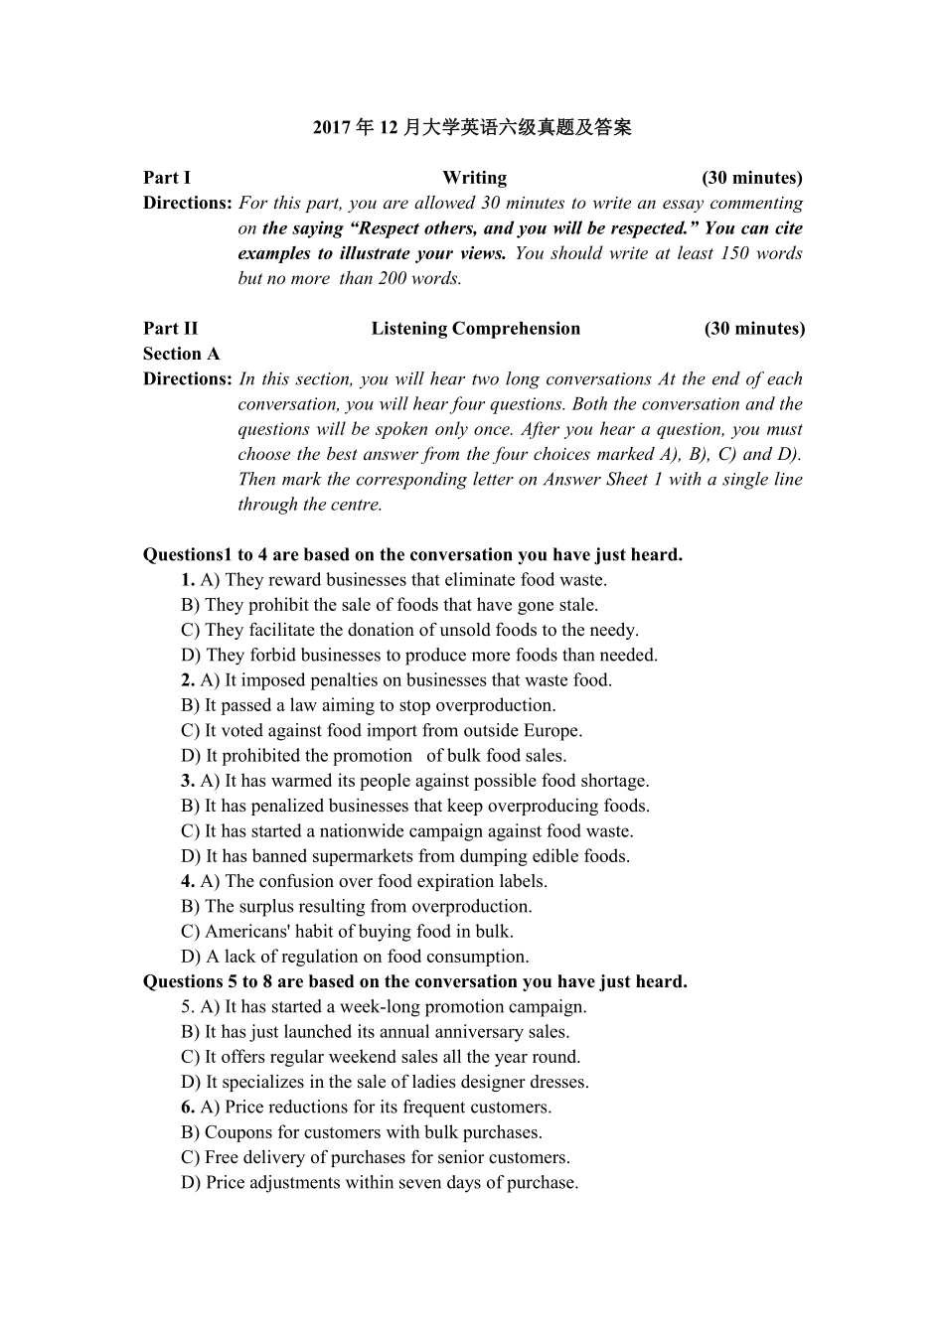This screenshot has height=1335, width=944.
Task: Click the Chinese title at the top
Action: click(x=472, y=127)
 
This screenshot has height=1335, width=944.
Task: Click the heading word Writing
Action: click(x=474, y=178)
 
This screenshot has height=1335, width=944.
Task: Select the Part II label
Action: click(x=170, y=329)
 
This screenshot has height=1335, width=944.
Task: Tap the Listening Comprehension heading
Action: click(x=475, y=329)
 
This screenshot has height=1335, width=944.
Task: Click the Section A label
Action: click(x=181, y=354)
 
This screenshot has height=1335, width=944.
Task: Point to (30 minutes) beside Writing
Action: click(x=751, y=178)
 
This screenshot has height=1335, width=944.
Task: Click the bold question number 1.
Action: click(x=188, y=580)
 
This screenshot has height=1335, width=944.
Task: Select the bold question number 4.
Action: click(x=188, y=881)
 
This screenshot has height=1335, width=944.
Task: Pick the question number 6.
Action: click(x=188, y=1108)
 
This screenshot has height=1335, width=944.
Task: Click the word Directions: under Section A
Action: click(x=187, y=379)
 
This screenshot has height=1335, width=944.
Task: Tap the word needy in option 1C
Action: click(x=612, y=630)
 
